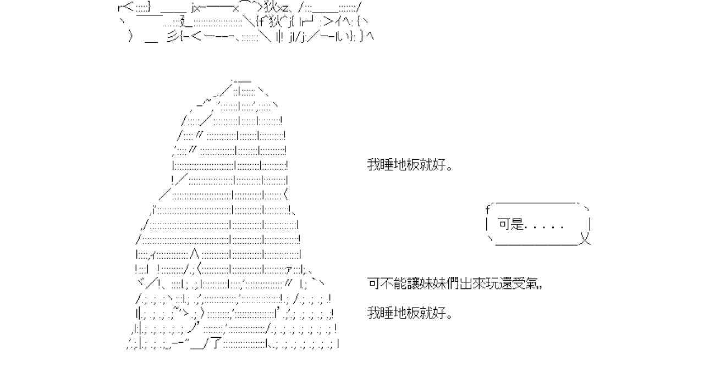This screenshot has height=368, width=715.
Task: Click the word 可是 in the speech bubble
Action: click(x=510, y=224)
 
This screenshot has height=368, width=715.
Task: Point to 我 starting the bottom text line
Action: click(x=373, y=314)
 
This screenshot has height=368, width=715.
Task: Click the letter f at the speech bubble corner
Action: click(x=487, y=209)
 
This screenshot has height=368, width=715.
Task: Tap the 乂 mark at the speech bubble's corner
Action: click(x=585, y=239)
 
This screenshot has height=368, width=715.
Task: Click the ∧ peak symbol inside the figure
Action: click(x=194, y=254)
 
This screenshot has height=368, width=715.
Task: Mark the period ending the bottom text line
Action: click(x=450, y=317)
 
